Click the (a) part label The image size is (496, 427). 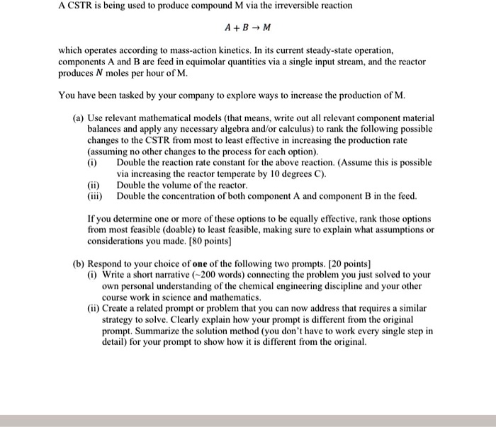point(80,118)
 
